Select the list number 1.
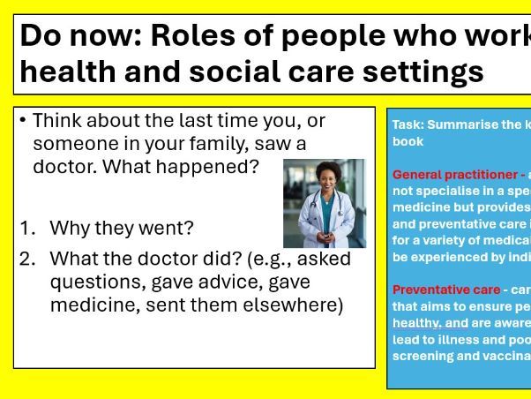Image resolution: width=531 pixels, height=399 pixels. coord(26,228)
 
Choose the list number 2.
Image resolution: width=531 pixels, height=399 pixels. coord(26,260)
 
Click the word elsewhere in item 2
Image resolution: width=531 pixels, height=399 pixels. coord(303,305)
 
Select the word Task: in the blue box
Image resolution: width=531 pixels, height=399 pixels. coord(408,124)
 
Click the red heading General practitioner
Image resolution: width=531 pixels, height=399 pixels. coord(453,175)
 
